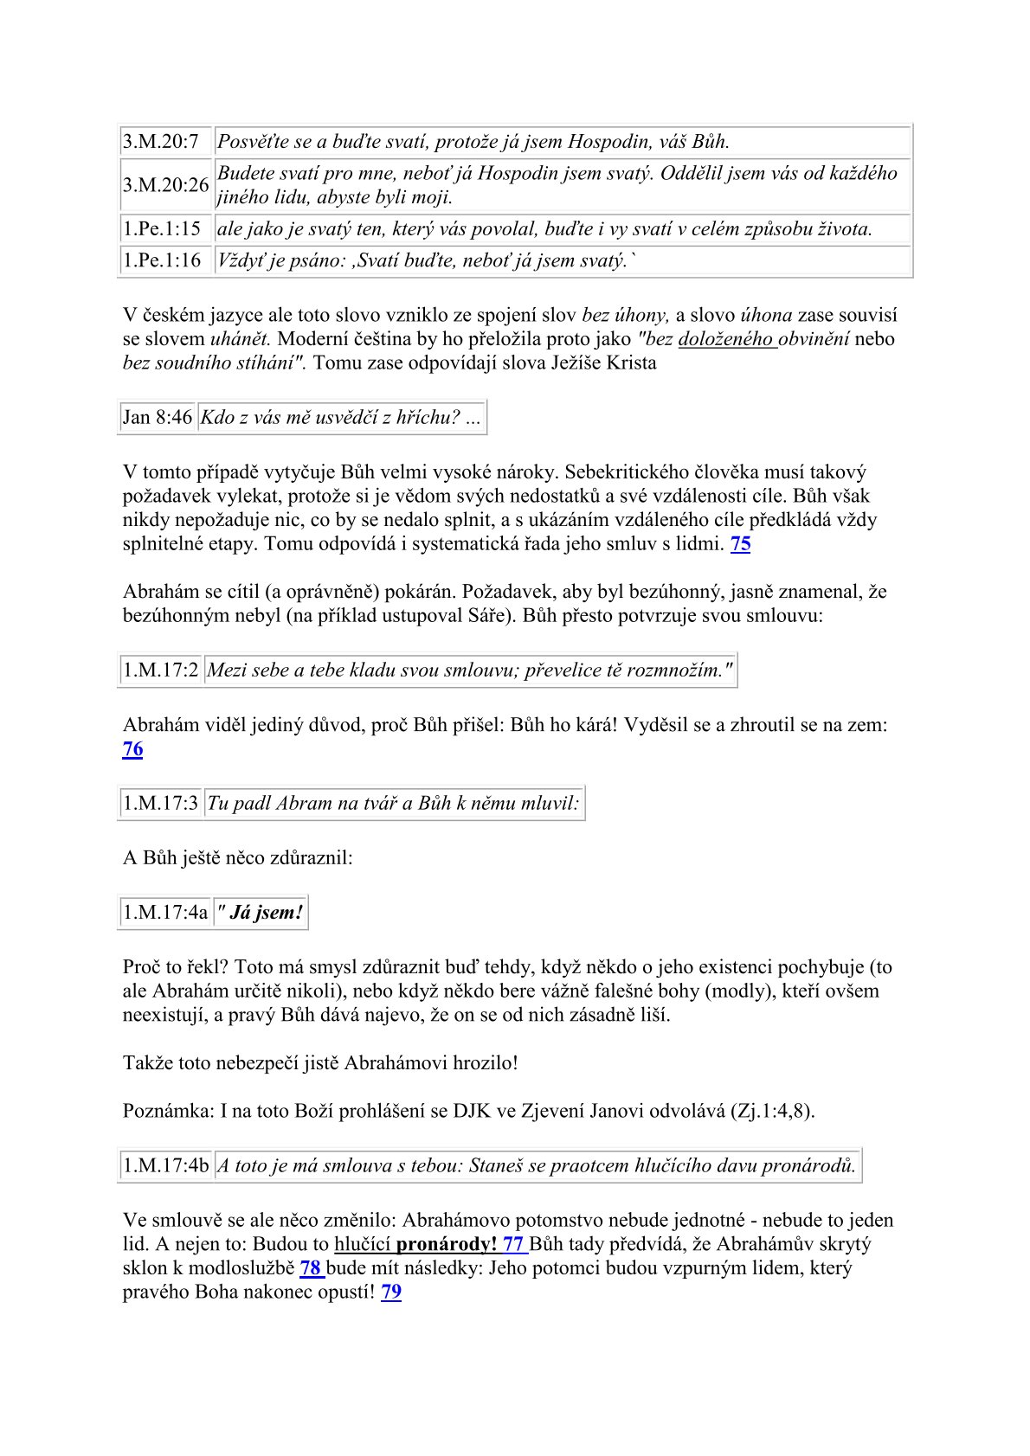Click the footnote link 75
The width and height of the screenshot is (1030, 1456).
[x=740, y=544]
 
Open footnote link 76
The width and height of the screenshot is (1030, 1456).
[x=132, y=749]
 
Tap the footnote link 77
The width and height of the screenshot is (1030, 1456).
[x=514, y=1245]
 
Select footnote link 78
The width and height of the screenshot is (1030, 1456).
[x=311, y=1268]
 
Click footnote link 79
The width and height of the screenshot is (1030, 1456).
[x=391, y=1292]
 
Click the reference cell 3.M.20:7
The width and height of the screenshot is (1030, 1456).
[x=161, y=141]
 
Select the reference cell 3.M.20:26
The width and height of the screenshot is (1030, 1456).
[x=165, y=185]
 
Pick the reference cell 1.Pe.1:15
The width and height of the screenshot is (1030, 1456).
[x=162, y=229]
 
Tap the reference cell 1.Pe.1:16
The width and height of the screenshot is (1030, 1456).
[x=162, y=260]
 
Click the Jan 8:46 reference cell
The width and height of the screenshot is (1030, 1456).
[x=158, y=417]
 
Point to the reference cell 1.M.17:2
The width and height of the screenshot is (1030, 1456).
[x=161, y=670]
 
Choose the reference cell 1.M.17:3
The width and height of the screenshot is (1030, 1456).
[x=161, y=803]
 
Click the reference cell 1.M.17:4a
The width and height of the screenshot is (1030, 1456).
[x=165, y=912]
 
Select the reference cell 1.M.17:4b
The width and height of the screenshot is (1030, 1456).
[x=166, y=1165]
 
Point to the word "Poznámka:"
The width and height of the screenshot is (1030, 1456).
[x=168, y=1111]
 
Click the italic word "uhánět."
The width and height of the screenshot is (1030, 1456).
[x=241, y=339]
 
